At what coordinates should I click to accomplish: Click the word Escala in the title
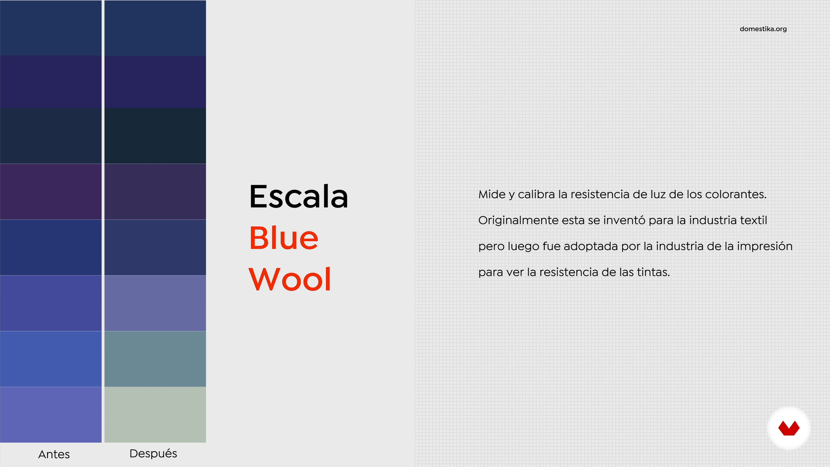coord(299,197)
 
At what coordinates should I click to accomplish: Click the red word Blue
coord(284,238)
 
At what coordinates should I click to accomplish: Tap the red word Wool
coord(290,279)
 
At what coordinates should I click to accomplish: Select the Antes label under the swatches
coord(54,454)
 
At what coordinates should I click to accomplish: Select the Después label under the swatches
coord(153,454)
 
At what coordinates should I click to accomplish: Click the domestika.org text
coord(763,29)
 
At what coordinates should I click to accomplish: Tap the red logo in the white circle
coord(789,428)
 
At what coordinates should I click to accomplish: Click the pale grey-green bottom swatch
coord(155,415)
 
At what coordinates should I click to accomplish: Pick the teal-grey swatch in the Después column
coord(155,359)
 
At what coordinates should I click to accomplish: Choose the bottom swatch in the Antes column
coord(51,415)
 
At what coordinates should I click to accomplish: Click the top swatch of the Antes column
coord(51,28)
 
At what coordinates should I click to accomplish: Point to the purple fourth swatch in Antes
coord(51,192)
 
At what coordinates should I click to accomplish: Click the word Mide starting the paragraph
coord(492,195)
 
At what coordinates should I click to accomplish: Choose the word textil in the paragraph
coord(753,221)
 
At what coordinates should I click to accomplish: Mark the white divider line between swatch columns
coord(103,221)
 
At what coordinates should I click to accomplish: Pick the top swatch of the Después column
coord(155,28)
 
